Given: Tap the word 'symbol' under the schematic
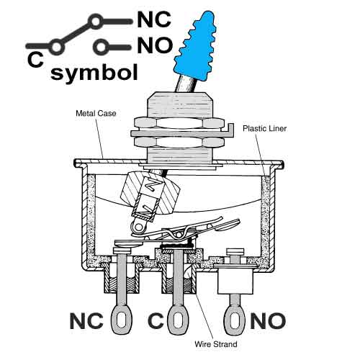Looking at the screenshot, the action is tap(94, 72).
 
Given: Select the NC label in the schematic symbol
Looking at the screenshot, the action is tap(154, 19).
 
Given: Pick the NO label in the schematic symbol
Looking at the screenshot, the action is tap(155, 45).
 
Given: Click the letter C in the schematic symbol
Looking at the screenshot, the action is tap(35, 60).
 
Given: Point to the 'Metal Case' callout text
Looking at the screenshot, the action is tap(96, 113).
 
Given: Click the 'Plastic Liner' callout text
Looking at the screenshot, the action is tap(264, 128).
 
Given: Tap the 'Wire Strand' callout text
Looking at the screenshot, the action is tap(216, 344).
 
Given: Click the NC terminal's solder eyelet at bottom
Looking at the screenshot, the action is tap(121, 320).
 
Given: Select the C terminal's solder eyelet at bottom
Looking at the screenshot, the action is tap(178, 320).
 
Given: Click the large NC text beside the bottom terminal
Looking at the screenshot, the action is tap(86, 321).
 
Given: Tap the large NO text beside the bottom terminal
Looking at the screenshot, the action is tap(268, 321).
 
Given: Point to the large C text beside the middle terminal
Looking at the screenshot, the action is tap(156, 321).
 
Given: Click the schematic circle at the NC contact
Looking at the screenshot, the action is tap(96, 22).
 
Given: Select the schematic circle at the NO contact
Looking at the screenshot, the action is tap(101, 47).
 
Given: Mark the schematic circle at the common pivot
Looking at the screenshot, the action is tap(57, 47).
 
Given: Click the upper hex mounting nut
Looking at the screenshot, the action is tap(179, 123).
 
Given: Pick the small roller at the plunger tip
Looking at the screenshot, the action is tap(138, 227).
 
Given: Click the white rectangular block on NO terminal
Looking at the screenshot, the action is tap(235, 282).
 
